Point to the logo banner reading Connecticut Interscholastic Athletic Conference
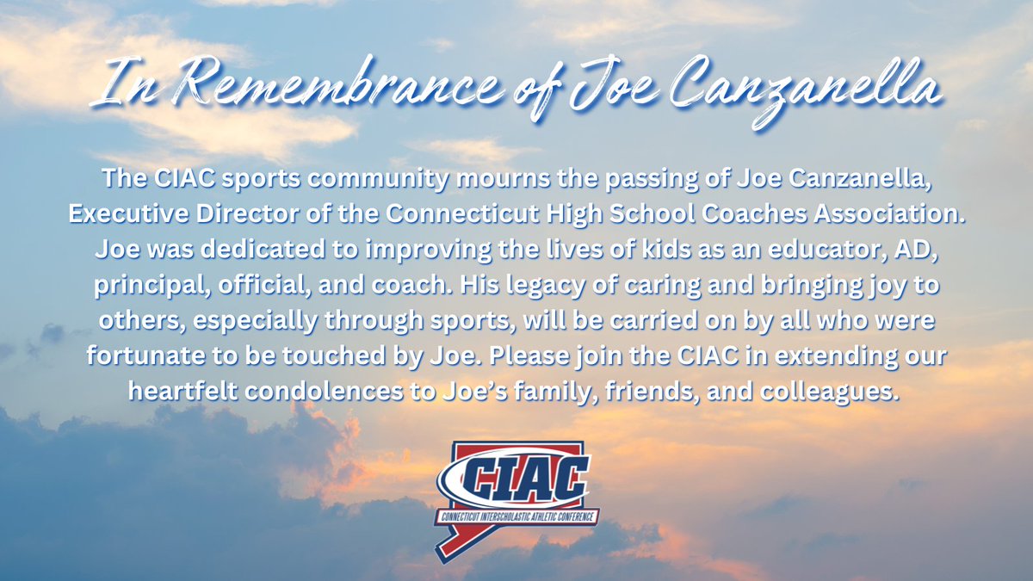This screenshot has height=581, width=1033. (517, 518)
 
